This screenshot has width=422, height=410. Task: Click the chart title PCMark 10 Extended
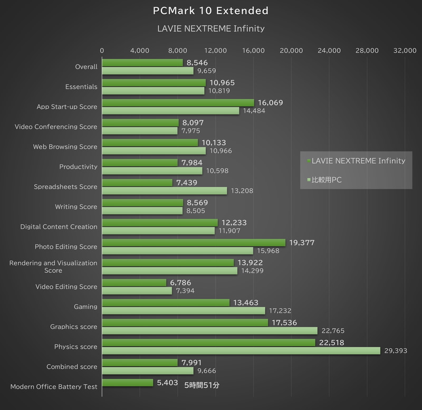[x=210, y=11]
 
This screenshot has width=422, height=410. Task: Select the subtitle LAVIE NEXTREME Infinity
[x=210, y=28]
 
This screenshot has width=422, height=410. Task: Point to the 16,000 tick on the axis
[x=253, y=51]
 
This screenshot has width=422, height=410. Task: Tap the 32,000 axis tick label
[x=405, y=51]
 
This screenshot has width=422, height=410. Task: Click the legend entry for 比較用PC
[x=327, y=180]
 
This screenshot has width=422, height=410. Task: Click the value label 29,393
[x=395, y=351]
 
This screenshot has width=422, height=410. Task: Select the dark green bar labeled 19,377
[x=193, y=243]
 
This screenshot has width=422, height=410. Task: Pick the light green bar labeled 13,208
[x=164, y=190]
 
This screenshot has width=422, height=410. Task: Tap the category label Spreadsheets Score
[x=65, y=187]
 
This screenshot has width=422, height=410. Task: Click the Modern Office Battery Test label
[x=54, y=387]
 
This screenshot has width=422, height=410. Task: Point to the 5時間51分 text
[x=202, y=385]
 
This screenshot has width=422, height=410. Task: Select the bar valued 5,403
[x=127, y=383]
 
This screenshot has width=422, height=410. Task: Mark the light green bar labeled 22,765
[x=209, y=331]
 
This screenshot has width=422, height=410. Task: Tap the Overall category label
[x=87, y=67]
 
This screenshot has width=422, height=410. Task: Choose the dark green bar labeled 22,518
[x=208, y=342]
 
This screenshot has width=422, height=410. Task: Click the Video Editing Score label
[x=66, y=287]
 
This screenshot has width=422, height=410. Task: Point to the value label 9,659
[x=206, y=71]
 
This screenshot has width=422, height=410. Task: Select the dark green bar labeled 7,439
[x=137, y=183]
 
